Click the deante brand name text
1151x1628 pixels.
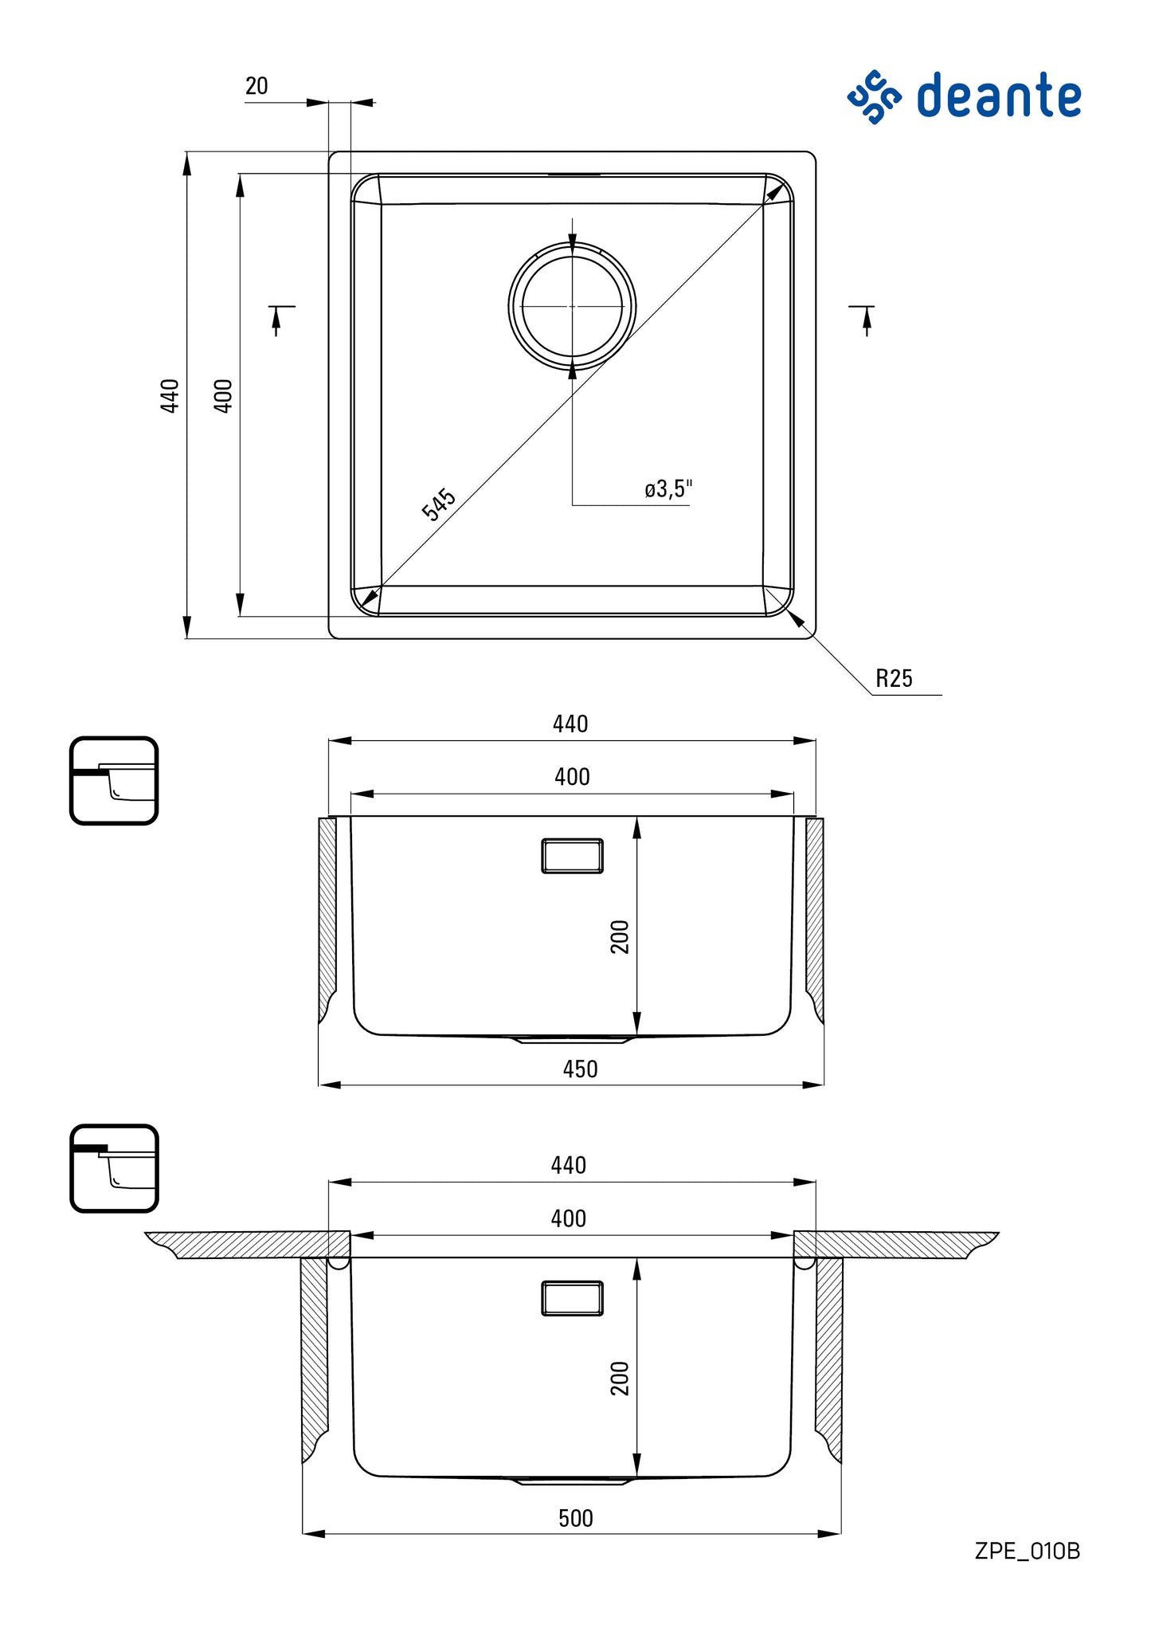[999, 96]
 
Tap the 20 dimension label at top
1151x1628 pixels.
[256, 86]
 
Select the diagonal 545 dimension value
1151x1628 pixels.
[438, 504]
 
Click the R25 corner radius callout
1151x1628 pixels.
[894, 679]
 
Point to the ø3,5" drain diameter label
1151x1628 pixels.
[668, 489]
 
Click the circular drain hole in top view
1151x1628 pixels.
[572, 306]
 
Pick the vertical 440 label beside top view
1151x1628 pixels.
[170, 395]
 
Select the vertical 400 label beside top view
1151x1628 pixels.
[223, 395]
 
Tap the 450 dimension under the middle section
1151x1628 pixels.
[580, 1069]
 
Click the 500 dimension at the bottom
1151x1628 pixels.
[575, 1519]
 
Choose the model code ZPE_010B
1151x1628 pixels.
[1027, 1552]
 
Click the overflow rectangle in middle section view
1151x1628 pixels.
[572, 856]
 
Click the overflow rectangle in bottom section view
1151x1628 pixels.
[572, 1298]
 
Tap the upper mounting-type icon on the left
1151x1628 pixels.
[114, 780]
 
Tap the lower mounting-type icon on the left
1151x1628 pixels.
[114, 1168]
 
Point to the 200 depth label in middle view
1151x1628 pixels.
[620, 936]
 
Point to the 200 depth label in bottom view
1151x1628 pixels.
[620, 1379]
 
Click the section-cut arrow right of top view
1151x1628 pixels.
[866, 318]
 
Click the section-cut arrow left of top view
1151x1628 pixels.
[278, 318]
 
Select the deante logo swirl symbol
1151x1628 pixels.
[874, 96]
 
